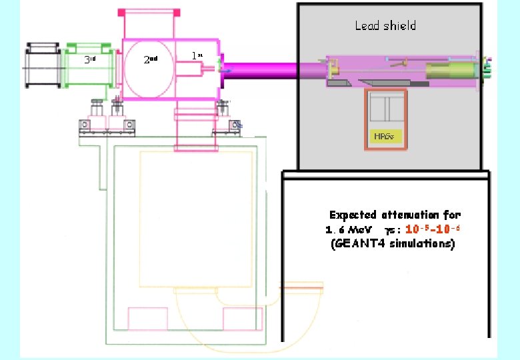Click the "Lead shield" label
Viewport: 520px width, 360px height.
click(385, 26)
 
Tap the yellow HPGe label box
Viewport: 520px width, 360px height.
click(384, 137)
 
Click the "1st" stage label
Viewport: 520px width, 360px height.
click(197, 56)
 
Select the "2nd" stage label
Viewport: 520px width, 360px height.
click(151, 59)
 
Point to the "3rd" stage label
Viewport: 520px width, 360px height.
click(91, 59)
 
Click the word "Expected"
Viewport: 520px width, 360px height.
click(353, 215)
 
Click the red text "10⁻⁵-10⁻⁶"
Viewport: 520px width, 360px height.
click(433, 229)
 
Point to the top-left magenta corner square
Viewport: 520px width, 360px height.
click(121, 12)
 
